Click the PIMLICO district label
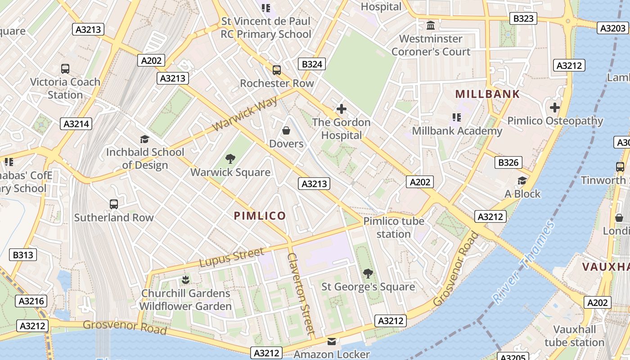point(260,216)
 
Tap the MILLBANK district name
point(487,94)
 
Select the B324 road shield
point(312,64)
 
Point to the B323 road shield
point(523,18)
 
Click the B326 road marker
point(508,162)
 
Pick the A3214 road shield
point(76,124)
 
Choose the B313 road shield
point(23,255)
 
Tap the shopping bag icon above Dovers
point(286,130)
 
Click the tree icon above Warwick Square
point(230,158)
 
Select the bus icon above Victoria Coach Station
point(65,69)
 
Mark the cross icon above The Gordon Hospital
point(342,109)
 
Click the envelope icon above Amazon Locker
point(332,342)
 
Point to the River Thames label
point(523,262)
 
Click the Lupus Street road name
point(231,257)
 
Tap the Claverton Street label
point(301,293)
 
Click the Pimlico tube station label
point(394,227)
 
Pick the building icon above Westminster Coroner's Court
point(431,25)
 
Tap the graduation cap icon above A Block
point(522,181)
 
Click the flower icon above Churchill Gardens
point(185,280)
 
